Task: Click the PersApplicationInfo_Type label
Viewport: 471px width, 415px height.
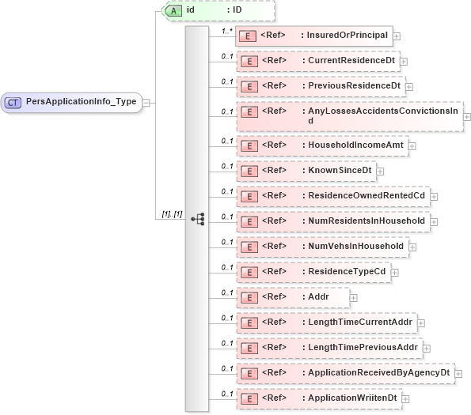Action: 81,102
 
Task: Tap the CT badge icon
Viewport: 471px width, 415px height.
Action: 13,103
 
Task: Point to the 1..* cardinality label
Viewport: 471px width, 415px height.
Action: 226,31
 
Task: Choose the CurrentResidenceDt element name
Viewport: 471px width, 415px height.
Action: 351,60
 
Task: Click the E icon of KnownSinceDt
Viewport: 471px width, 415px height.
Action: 249,171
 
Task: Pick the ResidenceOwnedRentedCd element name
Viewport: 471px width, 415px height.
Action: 367,195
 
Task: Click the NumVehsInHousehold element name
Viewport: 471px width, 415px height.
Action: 355,246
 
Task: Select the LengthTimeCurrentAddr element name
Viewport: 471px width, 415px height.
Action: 360,322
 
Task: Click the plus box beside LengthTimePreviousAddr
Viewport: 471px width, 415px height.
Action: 427,348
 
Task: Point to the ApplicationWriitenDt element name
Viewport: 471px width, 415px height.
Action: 352,398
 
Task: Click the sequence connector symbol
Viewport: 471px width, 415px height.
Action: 198,217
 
